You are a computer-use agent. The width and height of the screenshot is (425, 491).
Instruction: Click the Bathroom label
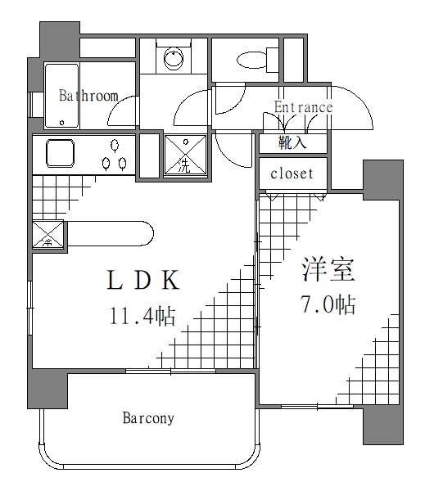click(88, 96)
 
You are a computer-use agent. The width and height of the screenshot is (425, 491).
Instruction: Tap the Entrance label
click(303, 107)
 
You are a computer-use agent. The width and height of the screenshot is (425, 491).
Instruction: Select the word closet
click(292, 173)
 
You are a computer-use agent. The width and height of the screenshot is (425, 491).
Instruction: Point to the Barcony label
click(148, 418)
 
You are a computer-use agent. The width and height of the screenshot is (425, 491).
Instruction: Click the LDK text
click(143, 281)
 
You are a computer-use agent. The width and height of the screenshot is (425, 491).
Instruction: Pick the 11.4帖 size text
click(142, 316)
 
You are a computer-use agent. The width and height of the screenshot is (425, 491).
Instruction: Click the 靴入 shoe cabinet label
click(292, 142)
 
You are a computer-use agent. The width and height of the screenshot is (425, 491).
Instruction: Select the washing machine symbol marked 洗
click(185, 155)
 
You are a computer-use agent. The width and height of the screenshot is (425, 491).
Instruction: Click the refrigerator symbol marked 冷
click(47, 236)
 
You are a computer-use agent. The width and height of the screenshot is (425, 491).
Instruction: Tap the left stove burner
click(106, 163)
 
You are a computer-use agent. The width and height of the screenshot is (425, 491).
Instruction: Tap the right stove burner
click(123, 163)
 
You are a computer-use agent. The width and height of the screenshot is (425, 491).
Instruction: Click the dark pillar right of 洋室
click(383, 180)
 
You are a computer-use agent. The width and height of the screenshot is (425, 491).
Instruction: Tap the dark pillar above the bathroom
click(60, 38)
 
